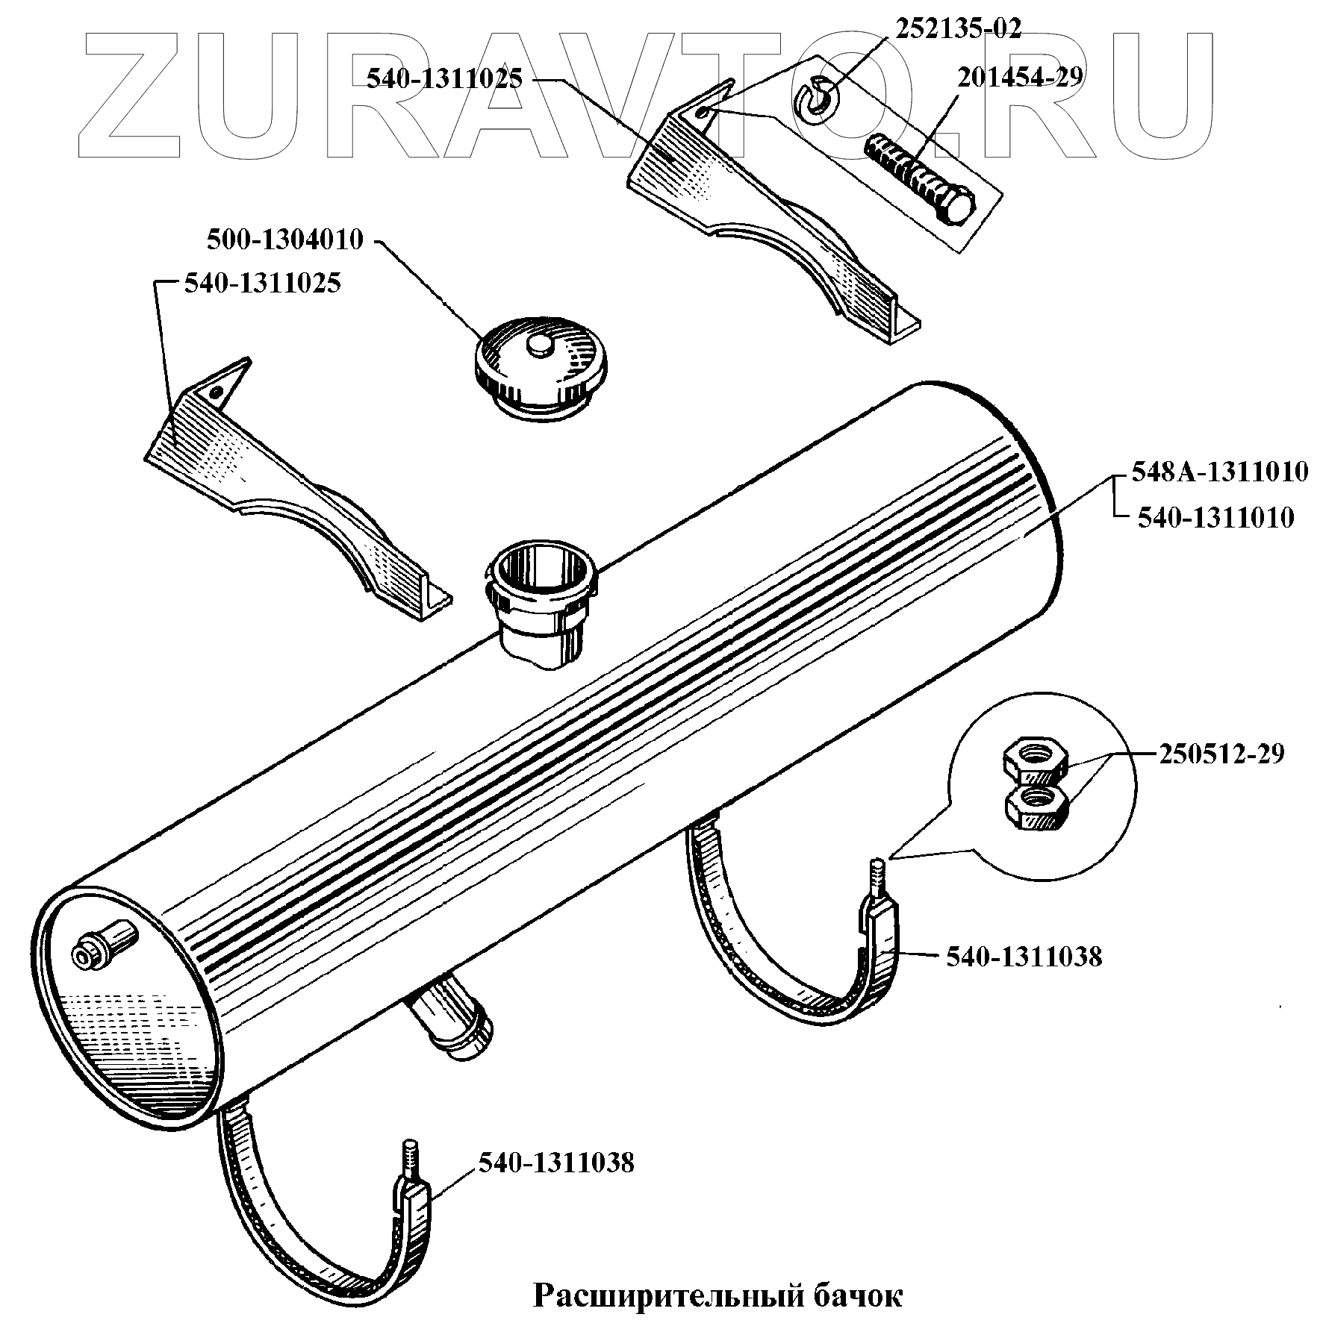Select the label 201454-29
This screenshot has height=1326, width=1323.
pos(1020,77)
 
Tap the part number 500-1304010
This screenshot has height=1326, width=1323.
pos(284,240)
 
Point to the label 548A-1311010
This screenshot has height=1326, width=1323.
pos(1219,472)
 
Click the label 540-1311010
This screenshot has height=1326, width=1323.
pos(1215,518)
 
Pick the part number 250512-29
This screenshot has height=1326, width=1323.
pos(1221,754)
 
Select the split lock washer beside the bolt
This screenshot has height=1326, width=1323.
pos(818,98)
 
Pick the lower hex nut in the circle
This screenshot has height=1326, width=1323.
pos(1037,807)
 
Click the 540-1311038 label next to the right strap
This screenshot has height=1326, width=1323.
pos(1024,957)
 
